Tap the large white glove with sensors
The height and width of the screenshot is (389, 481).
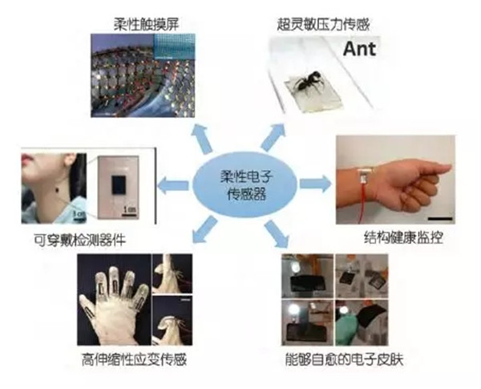[x=113, y=305]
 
